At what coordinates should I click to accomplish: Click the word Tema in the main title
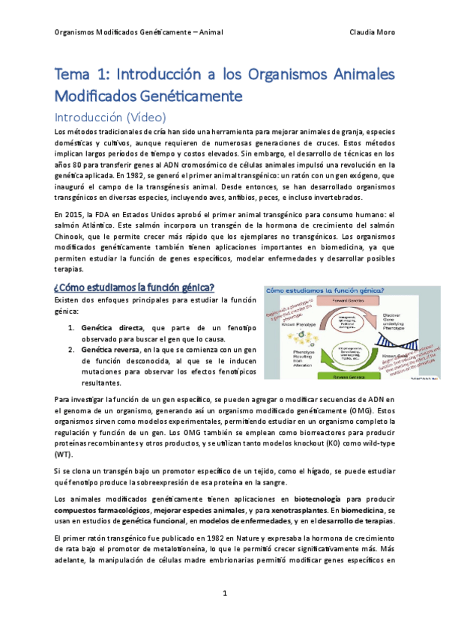point(72,76)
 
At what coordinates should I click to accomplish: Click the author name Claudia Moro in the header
point(373,32)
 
